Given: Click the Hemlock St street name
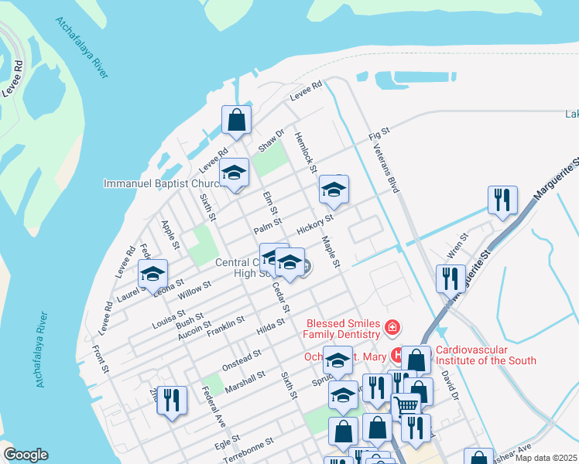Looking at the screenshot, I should [x=305, y=152].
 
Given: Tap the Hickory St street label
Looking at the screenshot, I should [x=314, y=224].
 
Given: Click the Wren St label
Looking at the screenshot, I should [x=458, y=245].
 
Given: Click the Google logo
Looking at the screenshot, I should [x=25, y=455].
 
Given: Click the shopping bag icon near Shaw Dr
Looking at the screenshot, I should [x=237, y=121].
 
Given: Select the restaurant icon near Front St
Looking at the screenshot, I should [x=172, y=401].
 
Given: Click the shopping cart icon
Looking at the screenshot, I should [x=406, y=405].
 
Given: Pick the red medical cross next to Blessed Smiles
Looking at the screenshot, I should [x=392, y=329].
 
